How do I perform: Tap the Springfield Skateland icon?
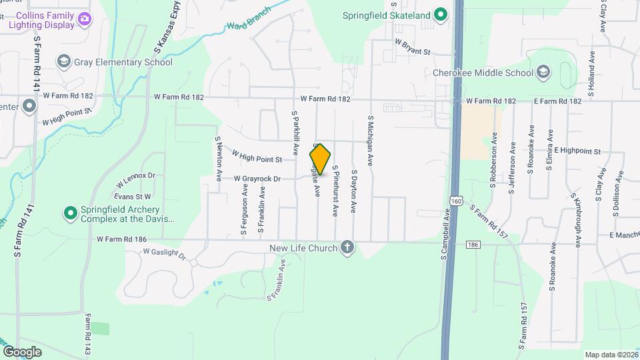point(440,14)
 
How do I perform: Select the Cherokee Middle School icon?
point(543,72)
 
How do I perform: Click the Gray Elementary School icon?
point(64,62)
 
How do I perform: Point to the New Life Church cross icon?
point(347,249)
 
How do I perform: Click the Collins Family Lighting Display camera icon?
point(85,18)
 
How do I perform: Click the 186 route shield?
point(473,245)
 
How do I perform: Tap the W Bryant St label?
point(413,45)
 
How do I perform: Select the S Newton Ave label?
point(218,159)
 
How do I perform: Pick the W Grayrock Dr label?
point(257,179)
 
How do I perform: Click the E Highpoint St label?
point(577,151)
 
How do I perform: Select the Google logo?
point(22,351)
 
